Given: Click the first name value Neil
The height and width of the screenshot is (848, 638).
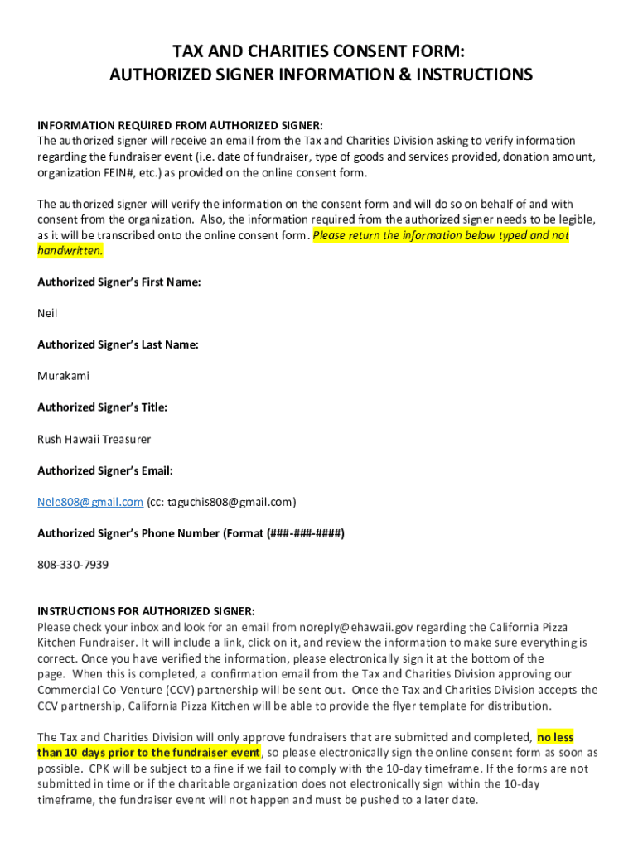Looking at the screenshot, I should tap(47, 313).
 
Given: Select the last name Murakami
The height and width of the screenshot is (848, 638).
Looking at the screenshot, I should tap(63, 376).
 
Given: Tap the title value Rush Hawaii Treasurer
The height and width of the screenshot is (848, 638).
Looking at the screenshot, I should tap(94, 439).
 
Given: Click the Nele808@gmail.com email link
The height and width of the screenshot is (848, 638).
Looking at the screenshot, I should tap(90, 502).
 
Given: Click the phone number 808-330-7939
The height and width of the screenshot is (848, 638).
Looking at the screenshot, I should tap(73, 565).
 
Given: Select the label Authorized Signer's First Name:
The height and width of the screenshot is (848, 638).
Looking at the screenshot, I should tap(119, 282).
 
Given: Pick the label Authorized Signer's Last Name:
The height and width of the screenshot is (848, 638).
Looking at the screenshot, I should tap(118, 344).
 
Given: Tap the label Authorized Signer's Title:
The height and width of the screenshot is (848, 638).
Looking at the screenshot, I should tap(102, 407).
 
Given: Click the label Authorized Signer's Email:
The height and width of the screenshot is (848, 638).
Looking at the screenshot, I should tap(104, 470).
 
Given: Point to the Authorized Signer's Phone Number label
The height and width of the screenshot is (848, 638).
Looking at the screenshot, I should tap(191, 533).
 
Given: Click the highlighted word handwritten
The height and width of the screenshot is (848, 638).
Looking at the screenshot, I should tap(70, 250).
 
